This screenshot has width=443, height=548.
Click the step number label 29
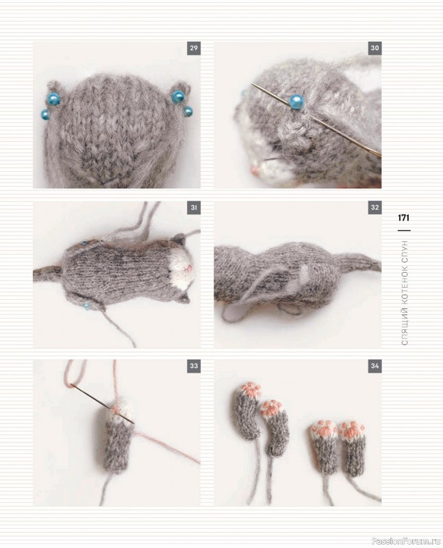194,48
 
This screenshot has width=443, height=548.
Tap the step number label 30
375,48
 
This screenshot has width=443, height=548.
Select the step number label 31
194,208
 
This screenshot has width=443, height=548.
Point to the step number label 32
375,208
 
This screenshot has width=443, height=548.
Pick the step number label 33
194,366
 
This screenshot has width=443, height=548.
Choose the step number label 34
375,366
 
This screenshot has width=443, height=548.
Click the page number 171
403,218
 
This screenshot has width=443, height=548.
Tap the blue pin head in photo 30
296,101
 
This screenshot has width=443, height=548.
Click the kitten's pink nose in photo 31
187,269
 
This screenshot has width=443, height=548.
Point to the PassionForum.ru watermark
407,541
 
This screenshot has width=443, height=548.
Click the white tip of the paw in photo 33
121,412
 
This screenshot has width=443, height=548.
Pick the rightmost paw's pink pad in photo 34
353,430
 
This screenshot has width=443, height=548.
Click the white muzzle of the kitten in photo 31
181,269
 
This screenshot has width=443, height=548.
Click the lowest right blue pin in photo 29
188,112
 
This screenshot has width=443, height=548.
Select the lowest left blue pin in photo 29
45,114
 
